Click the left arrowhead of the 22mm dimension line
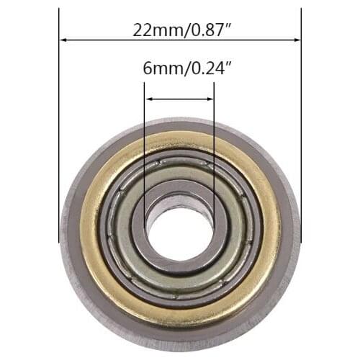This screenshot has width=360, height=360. pos(63,40)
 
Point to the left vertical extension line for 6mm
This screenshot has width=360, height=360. pos(145,144)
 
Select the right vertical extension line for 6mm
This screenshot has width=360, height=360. pos(214,144)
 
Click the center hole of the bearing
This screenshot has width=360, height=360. pos(179,233)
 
